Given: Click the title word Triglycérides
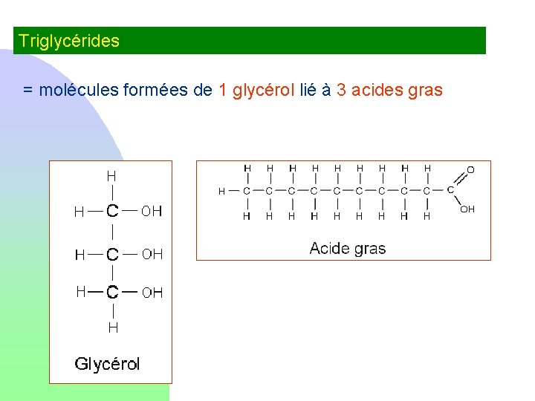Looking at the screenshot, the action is (x=68, y=41).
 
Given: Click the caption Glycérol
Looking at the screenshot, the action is (x=107, y=364).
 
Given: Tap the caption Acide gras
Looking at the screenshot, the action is (x=347, y=248).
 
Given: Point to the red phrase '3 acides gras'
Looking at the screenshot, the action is (x=389, y=91).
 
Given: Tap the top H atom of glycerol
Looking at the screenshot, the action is (x=111, y=177).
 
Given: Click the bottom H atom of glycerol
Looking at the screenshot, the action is (x=113, y=327).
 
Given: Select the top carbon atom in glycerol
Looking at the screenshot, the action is (x=112, y=211).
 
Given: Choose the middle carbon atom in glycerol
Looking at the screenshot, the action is (x=112, y=255).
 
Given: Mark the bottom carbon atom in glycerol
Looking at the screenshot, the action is (x=112, y=292).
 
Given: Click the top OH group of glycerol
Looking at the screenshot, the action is (x=152, y=212).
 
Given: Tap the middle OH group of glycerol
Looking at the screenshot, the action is (x=152, y=255).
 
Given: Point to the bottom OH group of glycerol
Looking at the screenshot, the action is (x=152, y=293).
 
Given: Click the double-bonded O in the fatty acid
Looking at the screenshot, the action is (x=470, y=170).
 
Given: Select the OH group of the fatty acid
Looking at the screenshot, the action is (x=467, y=209).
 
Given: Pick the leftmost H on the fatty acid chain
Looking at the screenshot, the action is (x=221, y=192).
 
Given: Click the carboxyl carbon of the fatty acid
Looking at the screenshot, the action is (x=450, y=190).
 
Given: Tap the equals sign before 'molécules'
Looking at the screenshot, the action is (x=27, y=91).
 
